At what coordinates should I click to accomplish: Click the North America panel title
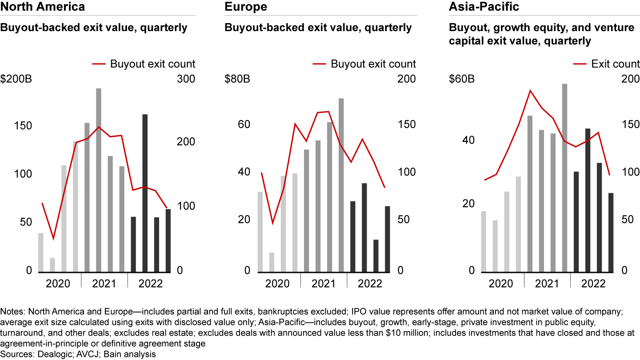click(43, 7)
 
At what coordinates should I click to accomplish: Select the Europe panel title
click(246, 7)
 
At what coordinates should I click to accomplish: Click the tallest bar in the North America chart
click(99, 180)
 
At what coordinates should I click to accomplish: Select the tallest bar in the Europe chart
click(341, 184)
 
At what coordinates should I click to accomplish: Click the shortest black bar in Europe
click(376, 255)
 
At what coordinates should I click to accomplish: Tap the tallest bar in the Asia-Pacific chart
click(565, 177)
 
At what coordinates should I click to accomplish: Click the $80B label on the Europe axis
click(237, 80)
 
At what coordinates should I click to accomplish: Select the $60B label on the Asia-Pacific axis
click(462, 80)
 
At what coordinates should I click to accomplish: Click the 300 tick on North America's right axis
click(186, 80)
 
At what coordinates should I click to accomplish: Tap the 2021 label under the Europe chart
click(323, 284)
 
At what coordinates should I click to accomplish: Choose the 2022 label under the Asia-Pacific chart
click(593, 284)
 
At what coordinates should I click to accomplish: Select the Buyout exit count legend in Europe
click(364, 64)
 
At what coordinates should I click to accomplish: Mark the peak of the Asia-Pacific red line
click(530, 90)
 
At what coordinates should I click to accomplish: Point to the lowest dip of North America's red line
click(53, 239)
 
